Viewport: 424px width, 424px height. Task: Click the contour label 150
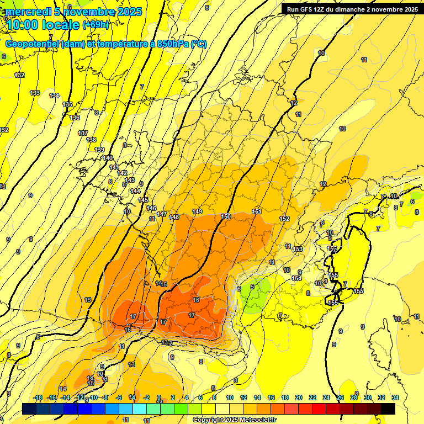[x=226, y=216]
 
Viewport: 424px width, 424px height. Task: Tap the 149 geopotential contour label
[x=197, y=212]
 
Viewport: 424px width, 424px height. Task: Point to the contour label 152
[x=284, y=219]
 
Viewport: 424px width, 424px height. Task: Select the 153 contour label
[x=298, y=250]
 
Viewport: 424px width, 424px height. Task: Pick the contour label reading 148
[x=174, y=218]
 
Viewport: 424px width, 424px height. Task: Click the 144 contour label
[x=135, y=191]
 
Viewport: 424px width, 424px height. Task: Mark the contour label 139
[x=99, y=150]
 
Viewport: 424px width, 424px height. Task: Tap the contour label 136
[x=75, y=118]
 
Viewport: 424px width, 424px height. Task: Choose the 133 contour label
[x=35, y=93]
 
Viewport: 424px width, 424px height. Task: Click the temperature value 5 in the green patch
[x=252, y=287]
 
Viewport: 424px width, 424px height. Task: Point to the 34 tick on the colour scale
[x=395, y=397]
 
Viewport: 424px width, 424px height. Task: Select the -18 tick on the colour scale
[x=38, y=397]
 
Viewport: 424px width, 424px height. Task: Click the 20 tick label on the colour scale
[x=299, y=397]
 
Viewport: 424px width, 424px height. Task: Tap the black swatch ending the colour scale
[x=388, y=409]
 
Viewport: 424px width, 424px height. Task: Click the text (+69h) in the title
[x=96, y=24]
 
